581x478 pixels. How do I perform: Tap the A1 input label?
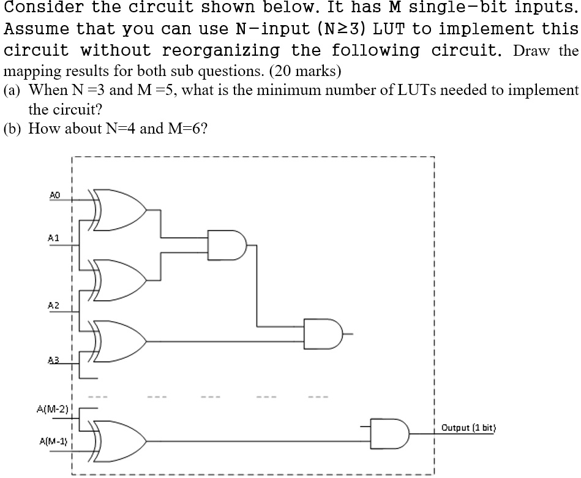click(x=54, y=238)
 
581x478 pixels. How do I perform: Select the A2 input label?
click(x=54, y=305)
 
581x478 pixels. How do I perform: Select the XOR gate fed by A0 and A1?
click(x=119, y=209)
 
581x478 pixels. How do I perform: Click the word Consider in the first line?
click(x=36, y=9)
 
